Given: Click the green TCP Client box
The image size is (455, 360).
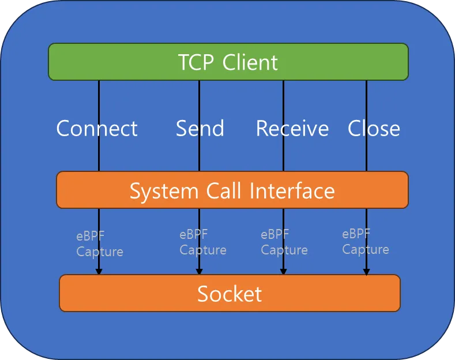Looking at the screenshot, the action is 228,62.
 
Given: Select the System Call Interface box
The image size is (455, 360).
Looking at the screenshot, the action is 232,190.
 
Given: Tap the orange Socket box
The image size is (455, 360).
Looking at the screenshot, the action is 230,293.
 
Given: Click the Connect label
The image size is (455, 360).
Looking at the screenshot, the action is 97,128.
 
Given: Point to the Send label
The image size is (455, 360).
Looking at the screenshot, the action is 200,128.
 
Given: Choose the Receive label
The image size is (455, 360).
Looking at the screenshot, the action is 292,128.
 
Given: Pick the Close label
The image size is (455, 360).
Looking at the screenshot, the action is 374,128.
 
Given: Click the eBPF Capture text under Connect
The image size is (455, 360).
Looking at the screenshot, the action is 100,244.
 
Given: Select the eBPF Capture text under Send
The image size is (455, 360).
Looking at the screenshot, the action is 203,243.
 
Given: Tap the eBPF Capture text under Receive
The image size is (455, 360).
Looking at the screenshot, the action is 284,243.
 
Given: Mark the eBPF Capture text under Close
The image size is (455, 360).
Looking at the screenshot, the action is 366,242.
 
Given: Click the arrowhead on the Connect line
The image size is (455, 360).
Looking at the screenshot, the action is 99,271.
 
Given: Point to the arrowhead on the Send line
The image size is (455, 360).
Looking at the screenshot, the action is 199,271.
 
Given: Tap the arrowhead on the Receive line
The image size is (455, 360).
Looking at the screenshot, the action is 284,271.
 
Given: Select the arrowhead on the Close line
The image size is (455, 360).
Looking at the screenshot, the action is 367,272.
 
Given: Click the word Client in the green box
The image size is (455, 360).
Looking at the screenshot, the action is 250,62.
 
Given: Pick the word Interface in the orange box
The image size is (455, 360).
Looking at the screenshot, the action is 292,191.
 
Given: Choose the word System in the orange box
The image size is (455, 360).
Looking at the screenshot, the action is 164,192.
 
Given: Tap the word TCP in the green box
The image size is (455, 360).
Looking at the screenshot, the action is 196,62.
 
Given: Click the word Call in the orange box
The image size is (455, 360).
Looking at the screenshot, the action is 224,191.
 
